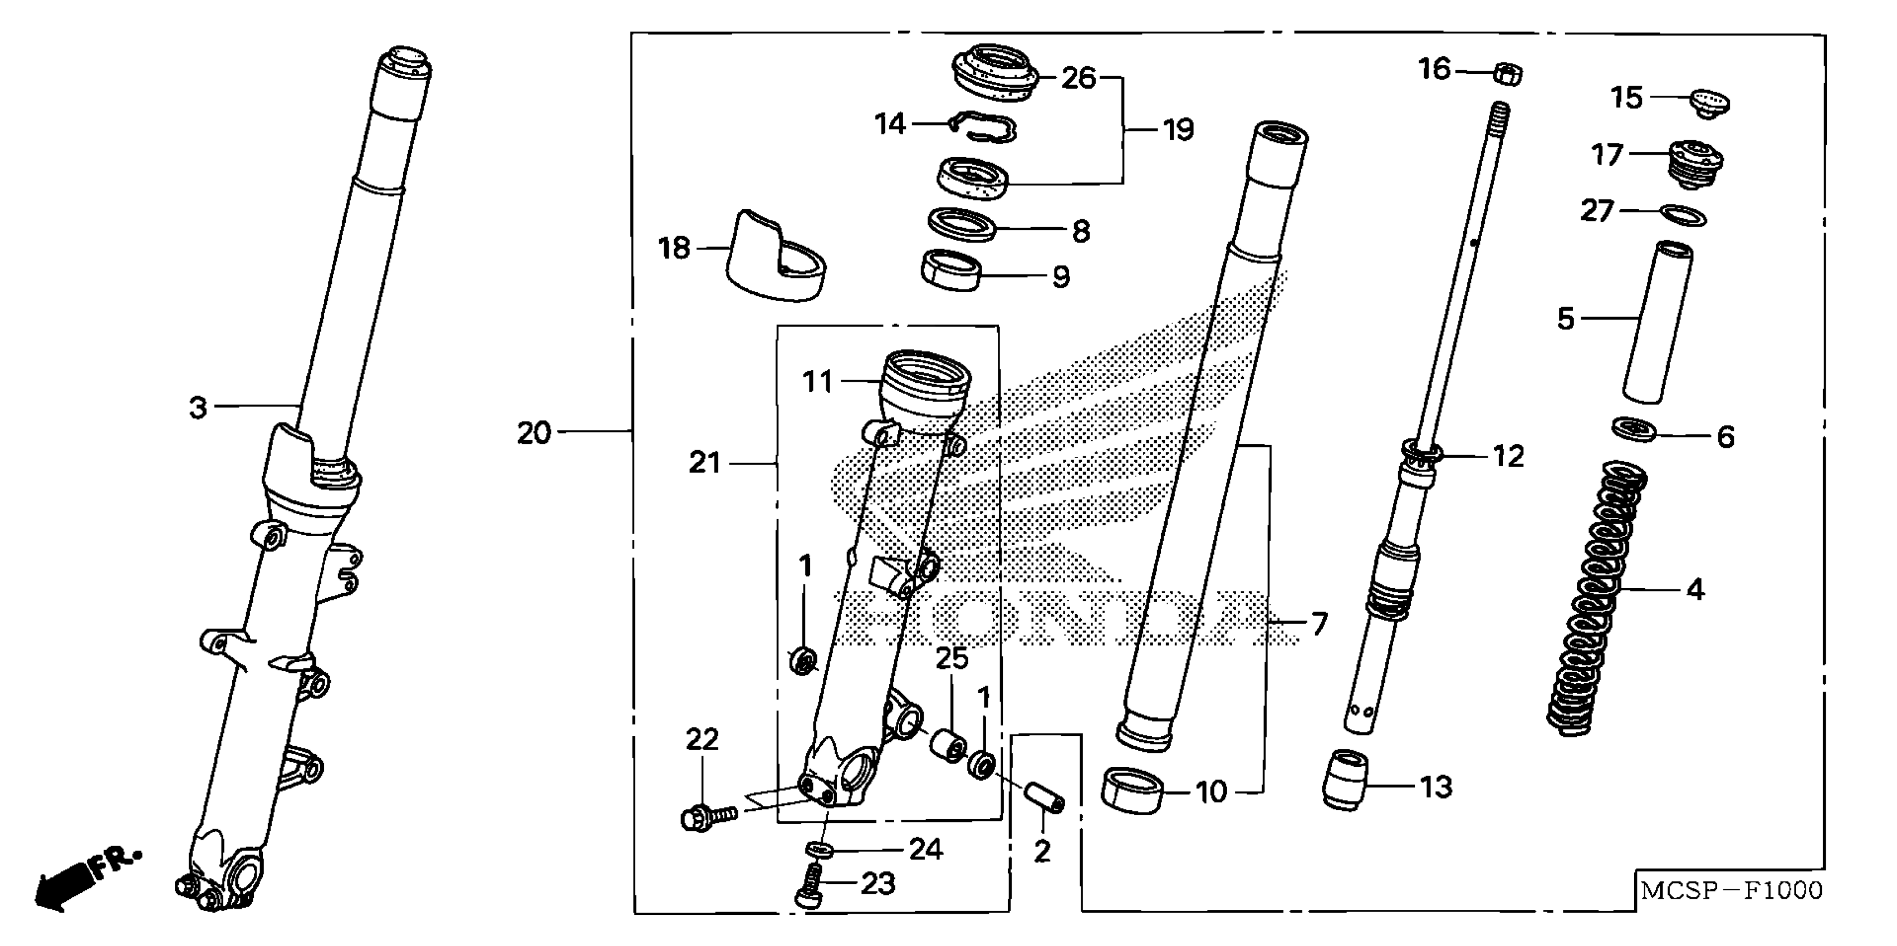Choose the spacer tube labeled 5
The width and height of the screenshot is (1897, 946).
(x=1657, y=322)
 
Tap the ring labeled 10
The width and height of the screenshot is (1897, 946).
(x=1133, y=791)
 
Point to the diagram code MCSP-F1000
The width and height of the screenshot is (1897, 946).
(x=1731, y=891)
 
